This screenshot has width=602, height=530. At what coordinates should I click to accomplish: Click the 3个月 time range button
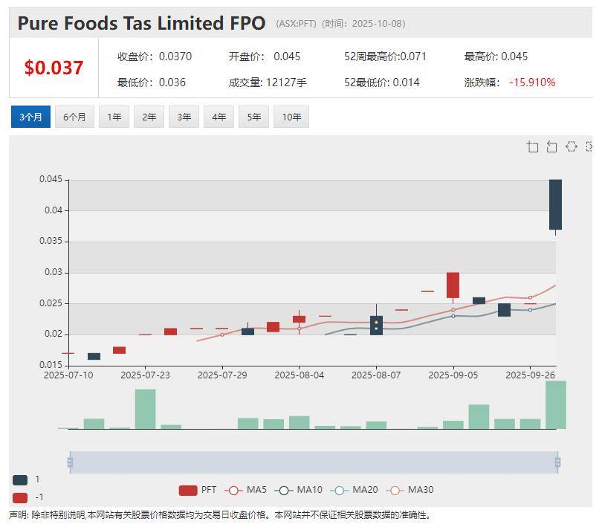(x=30, y=117)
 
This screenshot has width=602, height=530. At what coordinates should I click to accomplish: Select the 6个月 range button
(x=74, y=117)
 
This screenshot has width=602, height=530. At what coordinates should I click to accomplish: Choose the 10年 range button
(x=291, y=117)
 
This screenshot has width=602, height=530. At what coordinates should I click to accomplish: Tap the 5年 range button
(x=254, y=117)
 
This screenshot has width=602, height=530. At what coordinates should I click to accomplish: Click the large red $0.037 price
(x=54, y=68)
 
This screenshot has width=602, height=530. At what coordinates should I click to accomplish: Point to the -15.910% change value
(x=531, y=83)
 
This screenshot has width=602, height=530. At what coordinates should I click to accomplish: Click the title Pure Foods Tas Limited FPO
(x=141, y=23)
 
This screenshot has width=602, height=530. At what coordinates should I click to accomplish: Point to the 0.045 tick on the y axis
(x=51, y=179)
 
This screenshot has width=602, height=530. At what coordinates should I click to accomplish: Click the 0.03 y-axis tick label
(x=54, y=272)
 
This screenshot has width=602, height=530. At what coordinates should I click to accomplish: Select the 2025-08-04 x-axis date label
(x=299, y=375)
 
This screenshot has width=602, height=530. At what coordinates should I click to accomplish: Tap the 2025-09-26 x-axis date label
(x=530, y=375)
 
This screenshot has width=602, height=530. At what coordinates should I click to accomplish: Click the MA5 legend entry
(x=246, y=490)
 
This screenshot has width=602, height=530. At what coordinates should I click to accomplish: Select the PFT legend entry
(x=198, y=490)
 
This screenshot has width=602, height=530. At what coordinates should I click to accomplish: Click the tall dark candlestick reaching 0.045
(x=555, y=204)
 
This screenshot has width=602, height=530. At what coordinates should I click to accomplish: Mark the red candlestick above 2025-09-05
(x=453, y=285)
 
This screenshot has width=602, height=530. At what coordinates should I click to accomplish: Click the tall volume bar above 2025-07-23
(x=145, y=409)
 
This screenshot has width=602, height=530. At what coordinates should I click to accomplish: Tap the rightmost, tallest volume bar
(x=555, y=404)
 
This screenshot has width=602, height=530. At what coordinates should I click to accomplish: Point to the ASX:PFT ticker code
(x=296, y=24)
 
